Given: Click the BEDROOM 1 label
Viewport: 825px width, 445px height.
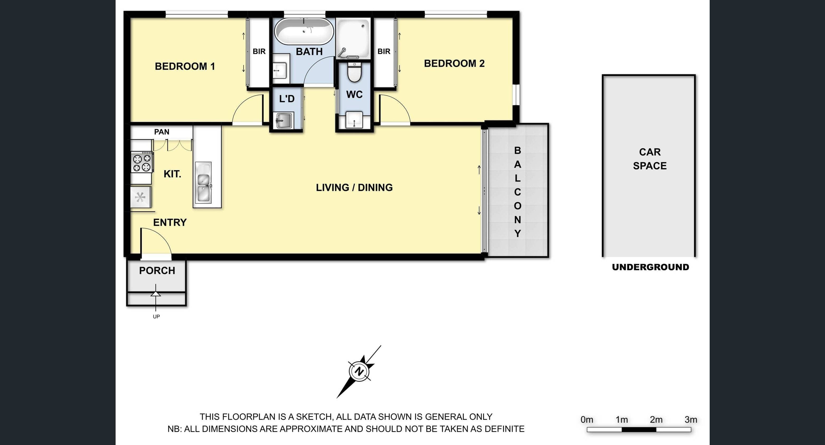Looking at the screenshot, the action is coord(185,66).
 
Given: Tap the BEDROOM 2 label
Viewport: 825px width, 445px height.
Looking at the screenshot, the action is coord(454,63).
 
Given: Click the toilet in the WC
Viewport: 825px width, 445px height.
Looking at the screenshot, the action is coord(354,72).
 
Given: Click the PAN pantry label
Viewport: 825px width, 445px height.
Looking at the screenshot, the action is coord(162,132).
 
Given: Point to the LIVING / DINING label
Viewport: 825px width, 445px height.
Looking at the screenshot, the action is coord(354,187).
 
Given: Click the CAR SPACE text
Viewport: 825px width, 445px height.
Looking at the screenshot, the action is coord(650,159).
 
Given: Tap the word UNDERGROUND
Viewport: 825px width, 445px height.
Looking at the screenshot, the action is coord(651,267).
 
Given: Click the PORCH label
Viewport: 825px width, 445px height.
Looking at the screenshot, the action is coord(157,271).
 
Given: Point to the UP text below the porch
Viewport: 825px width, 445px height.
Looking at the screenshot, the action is coord(156,316).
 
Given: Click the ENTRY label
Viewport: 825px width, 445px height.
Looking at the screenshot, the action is coord(170,222).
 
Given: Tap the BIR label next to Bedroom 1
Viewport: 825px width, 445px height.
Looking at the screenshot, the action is coord(259,51).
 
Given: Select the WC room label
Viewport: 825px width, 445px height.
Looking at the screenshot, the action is coord(354,94).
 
